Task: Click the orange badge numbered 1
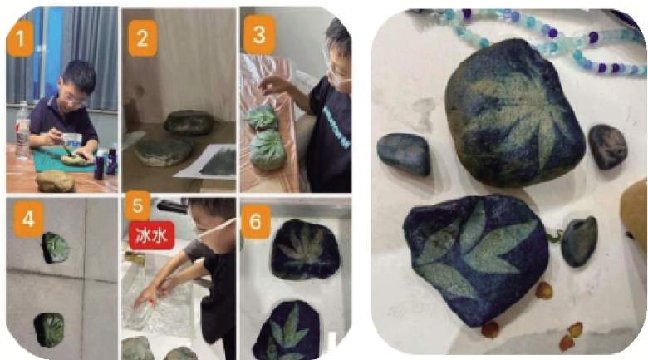(20, 38)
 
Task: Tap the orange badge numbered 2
(143, 38)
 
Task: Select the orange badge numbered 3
(259, 35)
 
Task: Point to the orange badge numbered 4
(28, 219)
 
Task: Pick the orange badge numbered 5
(138, 205)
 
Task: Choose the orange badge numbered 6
(256, 222)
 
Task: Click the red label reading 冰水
(152, 235)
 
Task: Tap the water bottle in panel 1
(22, 131)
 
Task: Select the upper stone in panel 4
(56, 248)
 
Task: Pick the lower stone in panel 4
(50, 330)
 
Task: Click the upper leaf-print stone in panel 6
(306, 249)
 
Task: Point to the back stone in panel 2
(189, 122)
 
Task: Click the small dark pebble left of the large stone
(404, 154)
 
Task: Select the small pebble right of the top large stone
(607, 146)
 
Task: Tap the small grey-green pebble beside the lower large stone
(579, 241)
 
